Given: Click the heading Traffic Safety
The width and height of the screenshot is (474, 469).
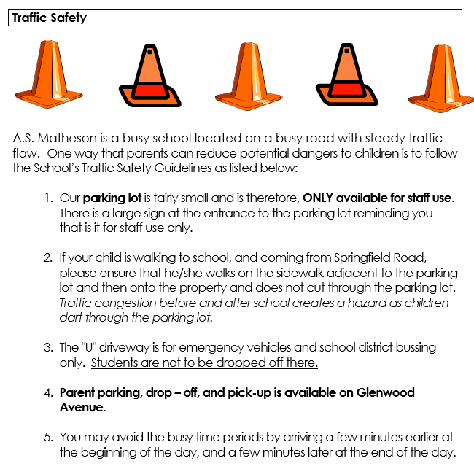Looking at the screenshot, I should [x=49, y=18].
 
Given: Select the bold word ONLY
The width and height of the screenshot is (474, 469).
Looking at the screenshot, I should [x=319, y=198].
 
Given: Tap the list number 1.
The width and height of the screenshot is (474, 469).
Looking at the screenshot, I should [x=47, y=198].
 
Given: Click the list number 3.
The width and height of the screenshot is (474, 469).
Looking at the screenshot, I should [x=47, y=347].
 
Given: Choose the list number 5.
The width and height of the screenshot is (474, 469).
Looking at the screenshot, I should [x=47, y=437].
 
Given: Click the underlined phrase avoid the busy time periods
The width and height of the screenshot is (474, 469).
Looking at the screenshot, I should [x=187, y=437].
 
